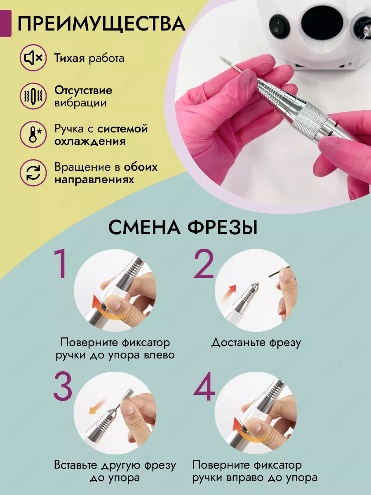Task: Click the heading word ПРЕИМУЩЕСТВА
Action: [101, 24]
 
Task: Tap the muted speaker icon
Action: [33, 58]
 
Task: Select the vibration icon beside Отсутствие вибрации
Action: [33, 96]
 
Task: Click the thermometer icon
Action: [33, 134]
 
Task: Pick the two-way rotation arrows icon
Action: [33, 173]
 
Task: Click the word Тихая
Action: [70, 58]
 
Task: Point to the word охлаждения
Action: [90, 141]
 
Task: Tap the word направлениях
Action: [94, 180]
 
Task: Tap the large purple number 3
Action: [63, 386]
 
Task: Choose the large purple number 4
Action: [204, 386]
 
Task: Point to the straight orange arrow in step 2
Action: [229, 293]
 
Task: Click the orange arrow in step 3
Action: [98, 406]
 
